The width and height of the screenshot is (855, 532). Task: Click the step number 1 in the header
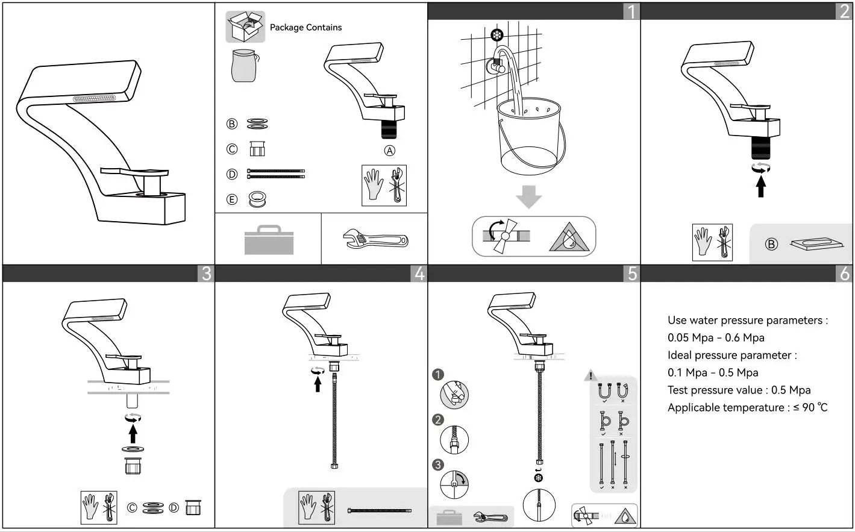(x=631, y=11)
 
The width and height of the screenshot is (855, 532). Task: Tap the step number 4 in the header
(x=419, y=274)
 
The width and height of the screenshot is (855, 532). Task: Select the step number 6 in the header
(x=844, y=274)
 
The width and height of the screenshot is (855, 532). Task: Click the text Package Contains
(x=305, y=28)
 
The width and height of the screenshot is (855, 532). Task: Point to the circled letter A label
(x=390, y=151)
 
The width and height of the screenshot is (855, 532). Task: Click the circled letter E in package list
(x=232, y=199)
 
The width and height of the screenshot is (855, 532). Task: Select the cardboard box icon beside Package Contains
(x=245, y=27)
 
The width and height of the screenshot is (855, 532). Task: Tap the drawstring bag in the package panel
(x=244, y=65)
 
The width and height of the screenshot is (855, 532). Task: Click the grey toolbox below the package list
(x=269, y=240)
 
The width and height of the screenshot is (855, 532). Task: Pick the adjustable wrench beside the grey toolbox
(x=375, y=240)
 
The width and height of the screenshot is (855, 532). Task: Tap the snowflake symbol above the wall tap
(x=497, y=35)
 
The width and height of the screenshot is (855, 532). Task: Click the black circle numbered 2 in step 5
(x=438, y=419)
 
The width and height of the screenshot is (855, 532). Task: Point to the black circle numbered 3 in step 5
(x=438, y=465)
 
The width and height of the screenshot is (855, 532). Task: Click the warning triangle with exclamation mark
(x=591, y=376)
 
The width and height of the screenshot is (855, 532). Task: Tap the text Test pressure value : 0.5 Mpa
(x=739, y=390)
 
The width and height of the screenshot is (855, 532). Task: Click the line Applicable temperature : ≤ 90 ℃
(x=747, y=407)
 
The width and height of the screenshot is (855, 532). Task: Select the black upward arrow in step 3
(x=133, y=433)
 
